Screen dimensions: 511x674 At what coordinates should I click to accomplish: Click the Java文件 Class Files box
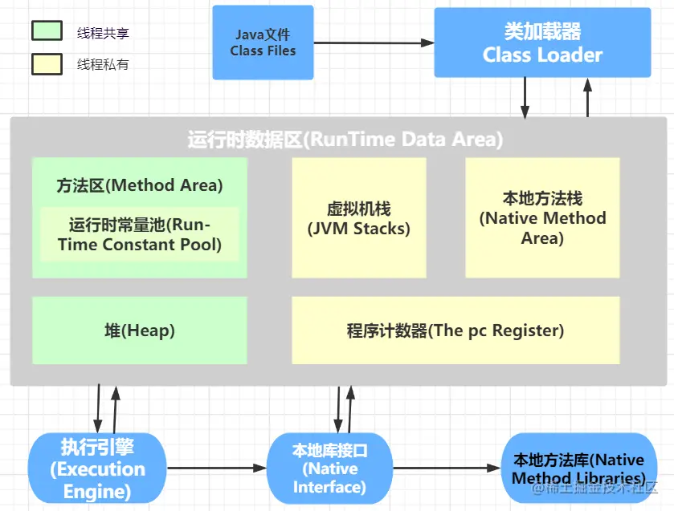(263, 43)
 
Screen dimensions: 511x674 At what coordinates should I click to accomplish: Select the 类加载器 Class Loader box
(542, 43)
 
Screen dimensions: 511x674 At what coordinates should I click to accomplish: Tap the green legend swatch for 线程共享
(47, 31)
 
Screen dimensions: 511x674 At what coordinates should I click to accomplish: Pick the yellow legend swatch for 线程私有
(47, 63)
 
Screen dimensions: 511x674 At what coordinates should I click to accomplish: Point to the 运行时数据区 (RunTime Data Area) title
(345, 140)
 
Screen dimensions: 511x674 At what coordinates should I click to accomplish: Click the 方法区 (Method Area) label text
(139, 185)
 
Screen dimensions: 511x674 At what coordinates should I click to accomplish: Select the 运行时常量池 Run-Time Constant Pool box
(139, 234)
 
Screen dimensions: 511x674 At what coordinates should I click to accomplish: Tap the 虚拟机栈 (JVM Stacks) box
(358, 217)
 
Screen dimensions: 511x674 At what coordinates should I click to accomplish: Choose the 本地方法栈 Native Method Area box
(542, 217)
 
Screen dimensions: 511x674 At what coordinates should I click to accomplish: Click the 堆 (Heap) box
(139, 331)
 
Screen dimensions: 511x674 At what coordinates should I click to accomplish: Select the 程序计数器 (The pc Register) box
(455, 331)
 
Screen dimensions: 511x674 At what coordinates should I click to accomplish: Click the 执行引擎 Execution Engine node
(97, 468)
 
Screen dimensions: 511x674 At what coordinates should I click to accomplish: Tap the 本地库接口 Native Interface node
(329, 468)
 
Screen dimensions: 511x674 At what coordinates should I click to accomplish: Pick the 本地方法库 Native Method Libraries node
(578, 468)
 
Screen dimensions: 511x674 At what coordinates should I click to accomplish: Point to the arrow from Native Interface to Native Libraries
(446, 468)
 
